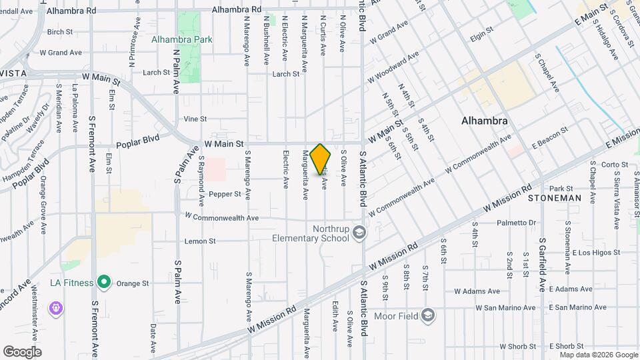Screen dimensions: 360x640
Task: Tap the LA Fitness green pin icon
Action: pyautogui.click(x=103, y=283)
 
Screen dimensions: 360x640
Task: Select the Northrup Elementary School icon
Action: pyautogui.click(x=359, y=232)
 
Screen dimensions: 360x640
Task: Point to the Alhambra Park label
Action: pyautogui.click(x=182, y=39)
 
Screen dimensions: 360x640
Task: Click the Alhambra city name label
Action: pyautogui.click(x=485, y=121)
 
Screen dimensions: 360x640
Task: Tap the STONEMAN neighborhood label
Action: pyautogui.click(x=554, y=198)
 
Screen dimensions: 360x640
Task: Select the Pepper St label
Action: pyautogui.click(x=225, y=194)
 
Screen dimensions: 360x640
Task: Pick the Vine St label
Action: pyautogui.click(x=195, y=119)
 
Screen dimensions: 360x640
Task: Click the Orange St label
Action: pyautogui.click(x=133, y=283)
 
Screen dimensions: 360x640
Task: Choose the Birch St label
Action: pyautogui.click(x=59, y=31)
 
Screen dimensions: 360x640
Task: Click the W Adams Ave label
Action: pyautogui.click(x=477, y=291)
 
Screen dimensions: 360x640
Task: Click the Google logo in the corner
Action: pyautogui.click(x=22, y=351)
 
